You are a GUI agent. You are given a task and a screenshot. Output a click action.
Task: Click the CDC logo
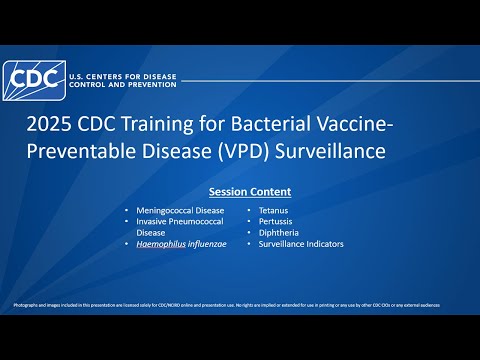pyautogui.click(x=31, y=78)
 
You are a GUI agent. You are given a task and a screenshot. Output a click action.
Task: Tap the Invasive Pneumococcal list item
pyautogui.click(x=182, y=222)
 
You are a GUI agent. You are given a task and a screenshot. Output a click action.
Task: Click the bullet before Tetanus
pyautogui.click(x=249, y=211)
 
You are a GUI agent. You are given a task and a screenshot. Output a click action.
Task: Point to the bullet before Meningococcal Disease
pyautogui.click(x=126, y=211)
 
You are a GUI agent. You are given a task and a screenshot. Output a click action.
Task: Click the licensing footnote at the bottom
pyautogui.click(x=240, y=303)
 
